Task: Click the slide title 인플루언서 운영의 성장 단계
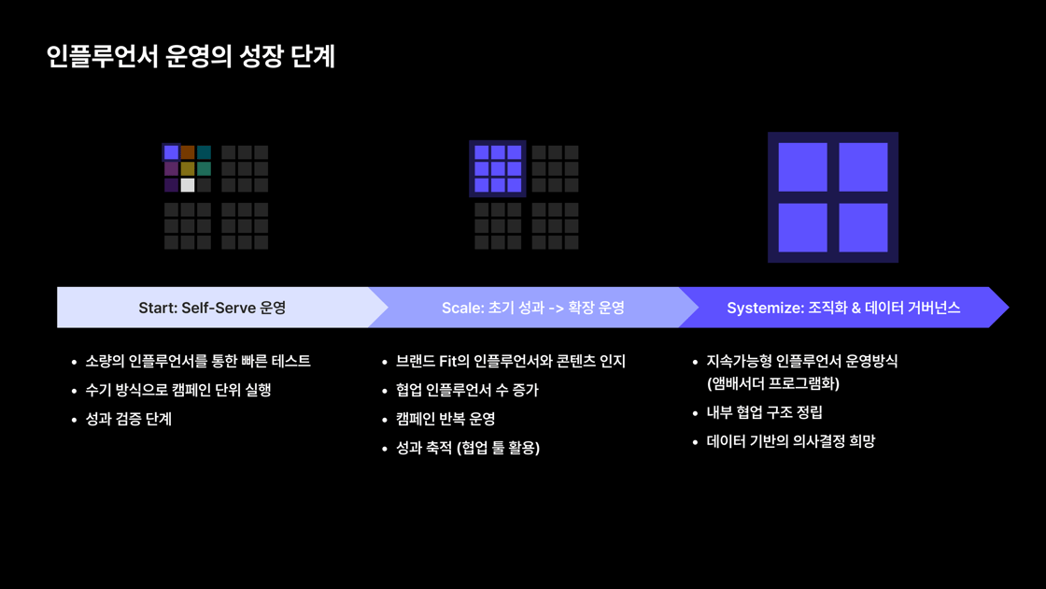click(191, 56)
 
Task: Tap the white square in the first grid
click(188, 185)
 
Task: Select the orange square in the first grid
click(188, 152)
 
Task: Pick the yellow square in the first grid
click(188, 169)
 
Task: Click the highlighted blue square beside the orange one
click(172, 152)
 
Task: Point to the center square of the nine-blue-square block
click(498, 169)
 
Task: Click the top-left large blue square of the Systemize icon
click(802, 167)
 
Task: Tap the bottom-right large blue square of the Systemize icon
click(863, 228)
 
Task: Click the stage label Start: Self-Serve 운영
click(212, 308)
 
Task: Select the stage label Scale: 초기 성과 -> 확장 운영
click(533, 308)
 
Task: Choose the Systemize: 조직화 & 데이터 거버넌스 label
click(843, 308)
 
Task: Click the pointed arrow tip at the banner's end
click(1008, 308)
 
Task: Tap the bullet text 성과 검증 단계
click(129, 420)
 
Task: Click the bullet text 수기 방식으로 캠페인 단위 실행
click(178, 390)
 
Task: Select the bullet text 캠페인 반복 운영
click(445, 420)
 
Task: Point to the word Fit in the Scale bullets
click(446, 361)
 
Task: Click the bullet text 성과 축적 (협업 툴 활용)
click(468, 448)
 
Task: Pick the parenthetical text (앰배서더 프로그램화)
click(773, 383)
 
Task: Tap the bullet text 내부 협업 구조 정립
click(765, 412)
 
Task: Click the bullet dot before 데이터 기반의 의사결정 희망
click(695, 442)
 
